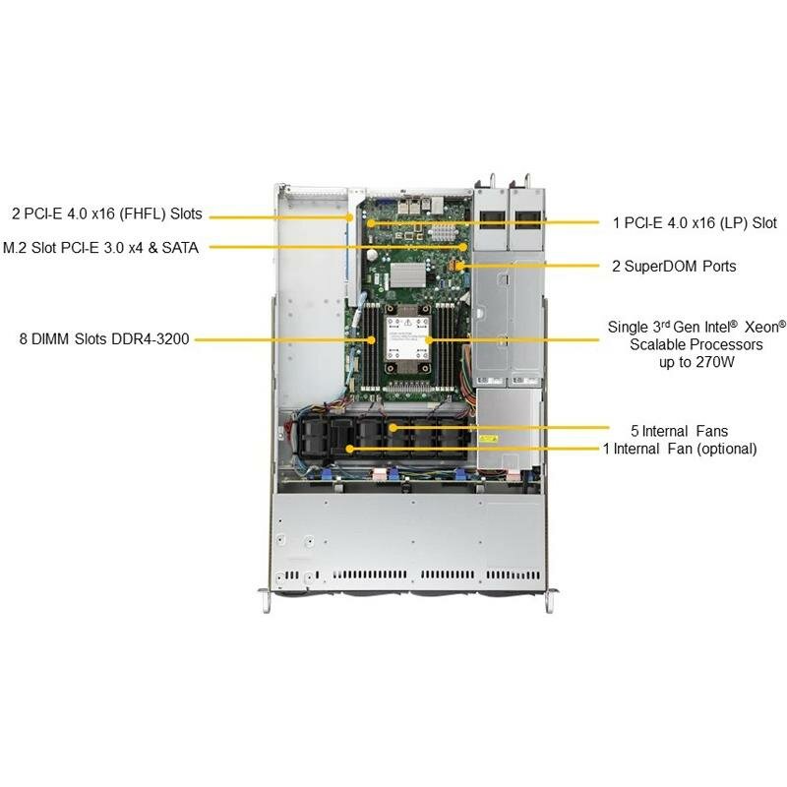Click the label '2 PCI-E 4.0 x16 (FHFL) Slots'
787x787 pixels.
pyautogui.click(x=107, y=212)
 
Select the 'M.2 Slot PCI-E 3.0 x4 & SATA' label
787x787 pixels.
pyautogui.click(x=100, y=248)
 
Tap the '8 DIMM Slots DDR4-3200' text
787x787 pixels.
pyautogui.click(x=103, y=339)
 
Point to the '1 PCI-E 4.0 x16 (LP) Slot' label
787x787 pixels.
pyautogui.click(x=695, y=223)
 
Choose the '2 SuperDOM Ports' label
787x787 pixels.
pyautogui.click(x=674, y=266)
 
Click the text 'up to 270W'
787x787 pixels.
pyautogui.click(x=697, y=362)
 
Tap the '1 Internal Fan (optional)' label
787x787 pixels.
pyautogui.click(x=680, y=449)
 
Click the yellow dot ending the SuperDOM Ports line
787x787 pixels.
pyautogui.click(x=458, y=266)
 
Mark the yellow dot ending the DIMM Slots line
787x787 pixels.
pyautogui.click(x=372, y=339)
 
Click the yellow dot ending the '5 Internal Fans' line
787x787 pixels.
pyautogui.click(x=392, y=428)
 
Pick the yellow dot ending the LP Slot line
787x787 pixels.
pyautogui.click(x=370, y=222)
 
